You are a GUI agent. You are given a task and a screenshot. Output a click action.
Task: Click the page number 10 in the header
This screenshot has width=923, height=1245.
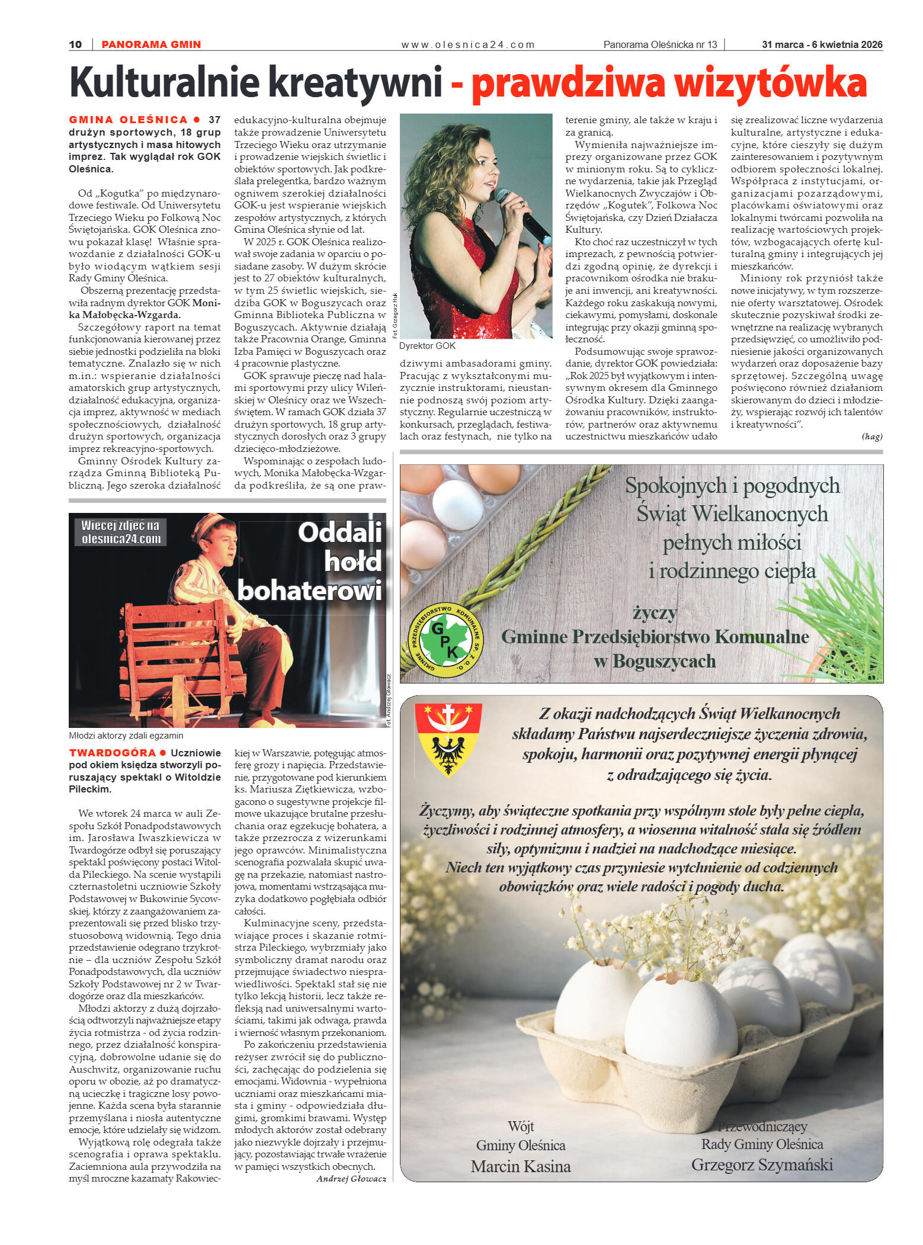pyautogui.click(x=75, y=44)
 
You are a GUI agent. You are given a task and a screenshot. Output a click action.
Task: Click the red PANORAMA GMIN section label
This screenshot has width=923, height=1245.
pyautogui.click(x=151, y=44)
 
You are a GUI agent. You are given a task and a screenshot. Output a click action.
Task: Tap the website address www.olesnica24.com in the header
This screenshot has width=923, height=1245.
pyautogui.click(x=467, y=44)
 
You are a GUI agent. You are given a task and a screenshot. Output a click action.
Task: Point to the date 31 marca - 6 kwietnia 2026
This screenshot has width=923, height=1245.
pyautogui.click(x=822, y=44)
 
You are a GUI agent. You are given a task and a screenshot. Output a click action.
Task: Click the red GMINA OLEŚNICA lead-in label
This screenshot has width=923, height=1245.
pyautogui.click(x=128, y=120)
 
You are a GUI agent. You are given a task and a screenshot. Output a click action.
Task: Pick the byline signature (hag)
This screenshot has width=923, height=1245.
pyautogui.click(x=871, y=437)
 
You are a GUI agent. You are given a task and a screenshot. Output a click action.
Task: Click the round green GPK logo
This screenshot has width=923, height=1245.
pyautogui.click(x=446, y=640)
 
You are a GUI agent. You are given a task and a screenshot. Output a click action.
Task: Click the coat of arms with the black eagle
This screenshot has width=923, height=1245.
pyautogui.click(x=448, y=738)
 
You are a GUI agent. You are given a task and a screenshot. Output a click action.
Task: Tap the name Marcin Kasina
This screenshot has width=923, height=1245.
pyautogui.click(x=520, y=1166)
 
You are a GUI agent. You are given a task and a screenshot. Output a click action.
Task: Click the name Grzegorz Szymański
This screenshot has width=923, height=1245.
pyautogui.click(x=762, y=1164)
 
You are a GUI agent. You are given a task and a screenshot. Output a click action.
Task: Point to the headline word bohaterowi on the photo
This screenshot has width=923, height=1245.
pyautogui.click(x=310, y=591)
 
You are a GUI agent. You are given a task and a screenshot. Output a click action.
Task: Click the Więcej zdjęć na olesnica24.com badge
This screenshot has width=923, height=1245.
pyautogui.click(x=121, y=531)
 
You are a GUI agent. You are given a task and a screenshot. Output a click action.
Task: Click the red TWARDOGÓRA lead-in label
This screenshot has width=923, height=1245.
pyautogui.click(x=113, y=753)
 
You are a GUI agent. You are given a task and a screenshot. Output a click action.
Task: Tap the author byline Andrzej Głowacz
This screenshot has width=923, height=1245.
pyautogui.click(x=351, y=1179)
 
